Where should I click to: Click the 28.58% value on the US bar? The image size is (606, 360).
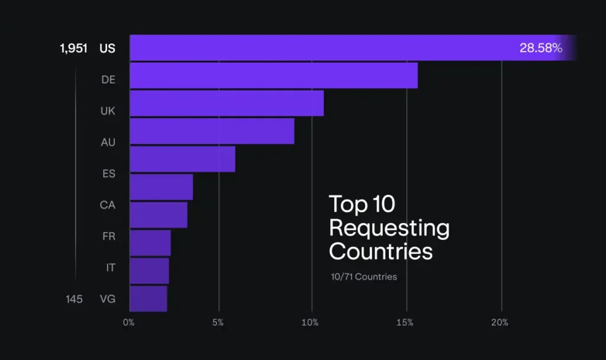pyautogui.click(x=540, y=48)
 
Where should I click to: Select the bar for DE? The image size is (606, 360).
pyautogui.click(x=273, y=75)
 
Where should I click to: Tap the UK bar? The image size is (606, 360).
pyautogui.click(x=227, y=103)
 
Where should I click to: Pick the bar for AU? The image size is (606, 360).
pyautogui.click(x=212, y=131)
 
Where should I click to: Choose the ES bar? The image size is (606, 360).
pyautogui.click(x=182, y=159)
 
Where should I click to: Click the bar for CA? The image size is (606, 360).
pyautogui.click(x=161, y=187)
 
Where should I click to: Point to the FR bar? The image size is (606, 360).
pyautogui.click(x=159, y=215)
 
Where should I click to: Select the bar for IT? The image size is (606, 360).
pyautogui.click(x=150, y=243)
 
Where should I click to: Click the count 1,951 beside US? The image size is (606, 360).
pyautogui.click(x=73, y=49)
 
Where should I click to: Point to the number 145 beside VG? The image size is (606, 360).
pyautogui.click(x=74, y=300)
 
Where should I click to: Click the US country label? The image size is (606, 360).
pyautogui.click(x=108, y=49)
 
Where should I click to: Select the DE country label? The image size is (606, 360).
pyautogui.click(x=108, y=80)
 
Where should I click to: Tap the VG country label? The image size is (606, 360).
pyautogui.click(x=107, y=300)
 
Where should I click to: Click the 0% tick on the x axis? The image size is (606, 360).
pyautogui.click(x=129, y=323)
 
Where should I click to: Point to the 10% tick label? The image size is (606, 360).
pyautogui.click(x=311, y=323)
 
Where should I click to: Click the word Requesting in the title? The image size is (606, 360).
pyautogui.click(x=389, y=228)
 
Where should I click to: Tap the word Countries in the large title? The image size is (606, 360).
pyautogui.click(x=381, y=251)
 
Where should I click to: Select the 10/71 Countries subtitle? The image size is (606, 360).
pyautogui.click(x=364, y=277)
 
